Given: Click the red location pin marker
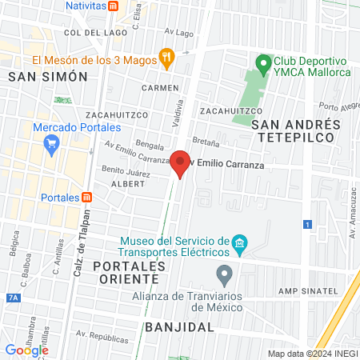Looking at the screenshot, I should pyautogui.click(x=181, y=163).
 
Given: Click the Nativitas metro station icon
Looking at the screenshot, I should pyautogui.click(x=114, y=5).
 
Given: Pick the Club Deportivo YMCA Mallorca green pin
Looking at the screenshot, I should pyautogui.click(x=261, y=62).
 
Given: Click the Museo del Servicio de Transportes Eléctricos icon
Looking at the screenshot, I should pyautogui.click(x=238, y=242).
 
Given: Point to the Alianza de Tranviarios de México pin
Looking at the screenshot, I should pyautogui.click(x=225, y=275).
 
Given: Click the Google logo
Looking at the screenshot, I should pyautogui.click(x=26, y=350).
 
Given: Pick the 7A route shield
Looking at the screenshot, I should pyautogui.click(x=11, y=298).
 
